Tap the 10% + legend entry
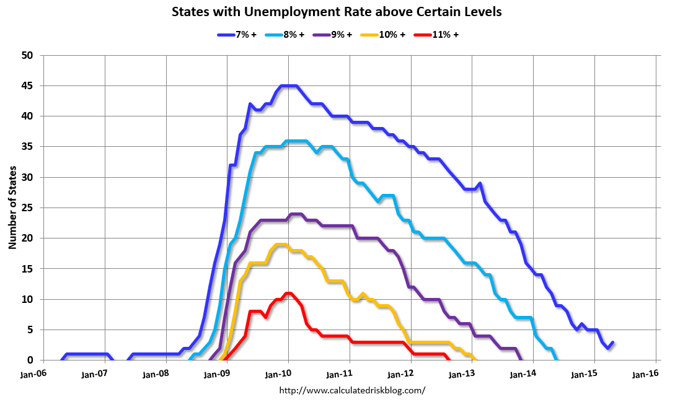(x=385, y=35)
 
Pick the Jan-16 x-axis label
(x=645, y=375)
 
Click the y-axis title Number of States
(x=12, y=208)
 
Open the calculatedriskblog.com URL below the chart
(x=352, y=390)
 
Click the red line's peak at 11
(x=288, y=293)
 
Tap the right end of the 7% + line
(x=613, y=342)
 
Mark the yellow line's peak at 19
(x=280, y=245)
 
